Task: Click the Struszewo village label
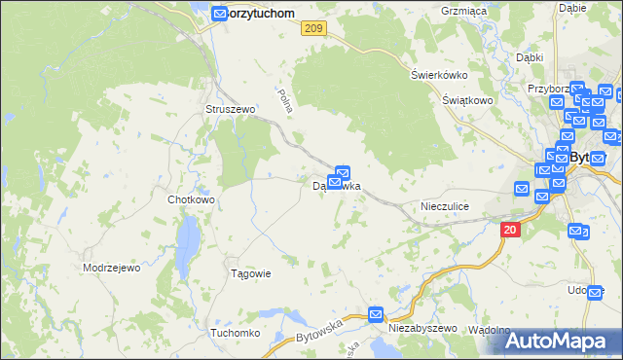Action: (230, 109)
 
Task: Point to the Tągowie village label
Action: (249, 273)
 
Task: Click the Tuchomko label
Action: (235, 333)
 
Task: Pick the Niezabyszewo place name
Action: (421, 329)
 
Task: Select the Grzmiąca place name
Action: (463, 11)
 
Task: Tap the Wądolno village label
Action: (489, 330)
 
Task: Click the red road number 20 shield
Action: (511, 230)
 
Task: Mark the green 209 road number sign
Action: (311, 30)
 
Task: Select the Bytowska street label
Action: (319, 329)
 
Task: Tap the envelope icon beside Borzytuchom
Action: (220, 14)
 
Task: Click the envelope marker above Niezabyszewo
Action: (377, 314)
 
